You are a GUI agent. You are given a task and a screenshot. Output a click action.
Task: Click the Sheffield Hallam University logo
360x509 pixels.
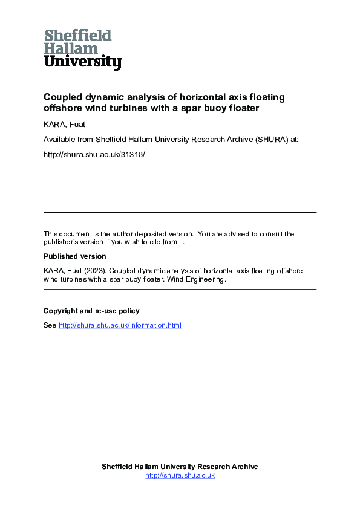(x=82, y=49)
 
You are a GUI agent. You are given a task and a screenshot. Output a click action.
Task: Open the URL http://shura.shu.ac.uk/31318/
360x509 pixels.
(x=94, y=154)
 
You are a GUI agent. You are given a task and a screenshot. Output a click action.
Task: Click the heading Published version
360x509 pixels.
(x=74, y=256)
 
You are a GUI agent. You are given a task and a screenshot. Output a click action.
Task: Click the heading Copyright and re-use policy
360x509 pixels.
(x=91, y=311)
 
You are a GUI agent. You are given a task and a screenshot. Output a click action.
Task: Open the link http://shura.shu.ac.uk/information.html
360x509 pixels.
(x=120, y=325)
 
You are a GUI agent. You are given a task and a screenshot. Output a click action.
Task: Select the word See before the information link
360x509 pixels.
(x=50, y=325)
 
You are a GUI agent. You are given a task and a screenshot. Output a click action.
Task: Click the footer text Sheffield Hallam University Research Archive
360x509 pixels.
(x=180, y=467)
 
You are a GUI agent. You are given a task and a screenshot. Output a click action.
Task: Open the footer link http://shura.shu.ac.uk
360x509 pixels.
(x=180, y=475)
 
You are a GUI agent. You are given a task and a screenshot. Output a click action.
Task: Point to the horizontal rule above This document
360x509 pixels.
(x=180, y=212)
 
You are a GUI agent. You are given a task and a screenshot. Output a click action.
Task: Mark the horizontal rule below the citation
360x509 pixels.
(x=180, y=290)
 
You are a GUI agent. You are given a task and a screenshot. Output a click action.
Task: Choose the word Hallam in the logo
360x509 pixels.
(x=71, y=48)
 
